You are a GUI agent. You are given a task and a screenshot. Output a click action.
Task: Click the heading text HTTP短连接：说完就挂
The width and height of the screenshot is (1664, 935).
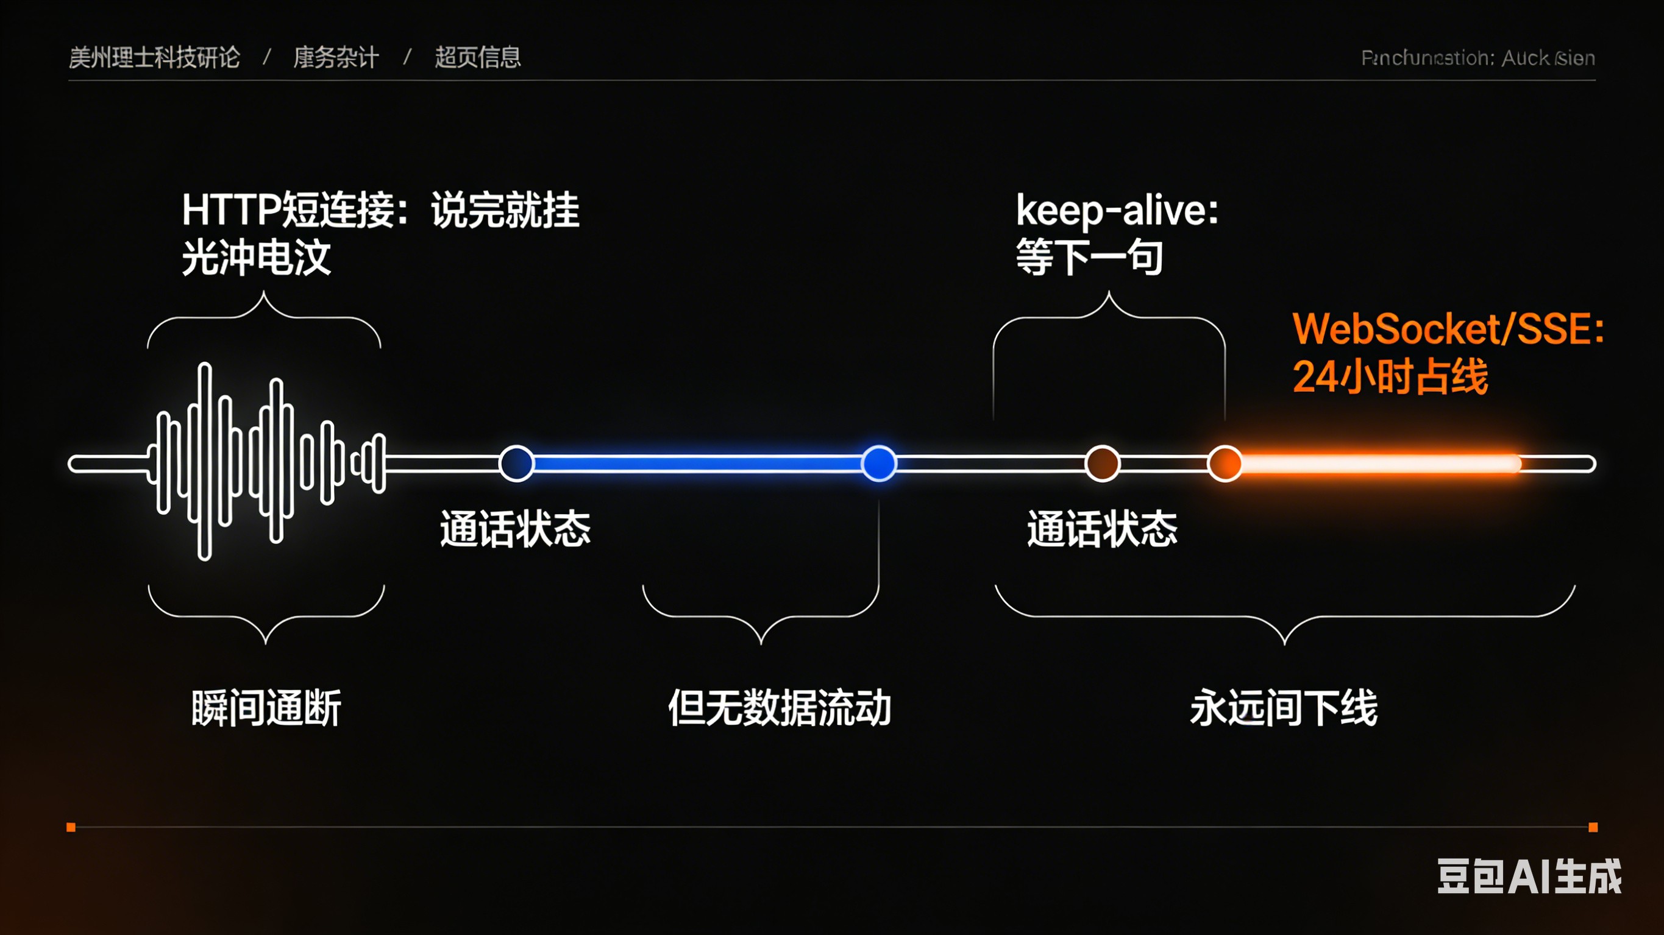[380, 210]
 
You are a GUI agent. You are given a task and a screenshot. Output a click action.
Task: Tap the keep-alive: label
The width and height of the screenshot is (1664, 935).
[1116, 211]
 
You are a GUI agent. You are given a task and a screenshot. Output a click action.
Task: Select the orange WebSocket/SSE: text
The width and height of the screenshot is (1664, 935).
[1447, 329]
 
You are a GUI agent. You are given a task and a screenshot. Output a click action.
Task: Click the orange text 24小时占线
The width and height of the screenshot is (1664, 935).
[1390, 376]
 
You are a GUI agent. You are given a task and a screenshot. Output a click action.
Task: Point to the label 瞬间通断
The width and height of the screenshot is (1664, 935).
[266, 708]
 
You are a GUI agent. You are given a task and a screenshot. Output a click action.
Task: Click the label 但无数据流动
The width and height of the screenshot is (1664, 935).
[779, 708]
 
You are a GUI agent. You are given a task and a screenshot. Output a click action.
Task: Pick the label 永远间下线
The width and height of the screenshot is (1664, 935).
[1284, 708]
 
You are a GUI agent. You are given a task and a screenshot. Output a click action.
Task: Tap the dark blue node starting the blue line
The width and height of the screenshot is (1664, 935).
[516, 464]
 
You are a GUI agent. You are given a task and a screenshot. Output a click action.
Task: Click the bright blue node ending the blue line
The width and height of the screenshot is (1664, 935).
[878, 464]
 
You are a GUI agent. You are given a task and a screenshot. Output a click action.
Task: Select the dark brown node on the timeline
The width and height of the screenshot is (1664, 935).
[1102, 464]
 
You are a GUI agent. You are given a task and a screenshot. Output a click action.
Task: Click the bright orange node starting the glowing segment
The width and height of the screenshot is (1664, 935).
[1224, 464]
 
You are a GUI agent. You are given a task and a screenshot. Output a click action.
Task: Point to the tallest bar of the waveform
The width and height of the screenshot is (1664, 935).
[205, 461]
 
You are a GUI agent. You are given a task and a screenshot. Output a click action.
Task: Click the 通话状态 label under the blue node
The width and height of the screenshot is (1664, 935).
[515, 529]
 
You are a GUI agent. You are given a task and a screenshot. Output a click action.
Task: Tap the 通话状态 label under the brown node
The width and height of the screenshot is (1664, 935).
[1102, 529]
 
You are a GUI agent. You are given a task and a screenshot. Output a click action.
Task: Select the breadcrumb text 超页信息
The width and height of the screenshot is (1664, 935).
[477, 57]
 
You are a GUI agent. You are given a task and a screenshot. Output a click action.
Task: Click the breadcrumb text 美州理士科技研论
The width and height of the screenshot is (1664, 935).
[154, 57]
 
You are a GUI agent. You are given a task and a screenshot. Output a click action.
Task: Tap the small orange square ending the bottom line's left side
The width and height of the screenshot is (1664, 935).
[71, 827]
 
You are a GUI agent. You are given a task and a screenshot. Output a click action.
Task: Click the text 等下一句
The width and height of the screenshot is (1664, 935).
[1089, 257]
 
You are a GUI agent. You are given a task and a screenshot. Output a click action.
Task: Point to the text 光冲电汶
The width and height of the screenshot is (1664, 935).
[256, 257]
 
